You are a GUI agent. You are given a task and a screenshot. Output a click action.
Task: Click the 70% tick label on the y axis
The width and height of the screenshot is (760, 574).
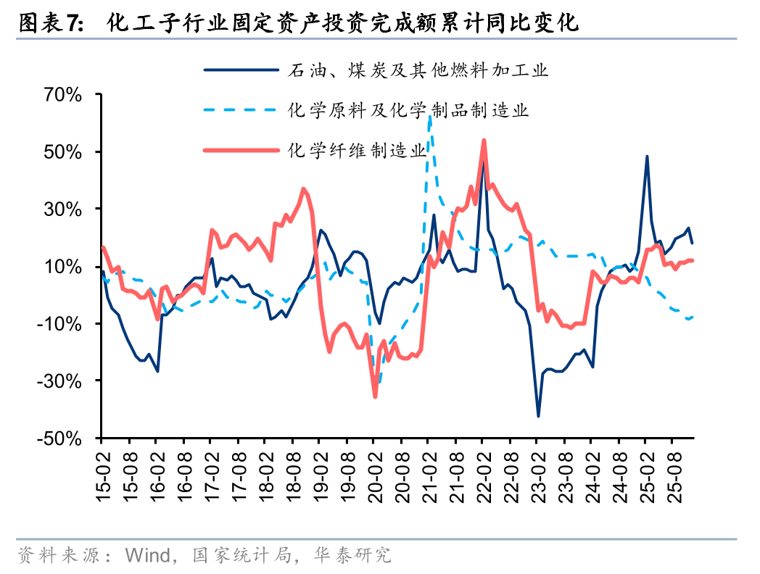click(64, 94)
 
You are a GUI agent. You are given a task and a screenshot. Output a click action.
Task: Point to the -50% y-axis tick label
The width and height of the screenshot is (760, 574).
click(61, 438)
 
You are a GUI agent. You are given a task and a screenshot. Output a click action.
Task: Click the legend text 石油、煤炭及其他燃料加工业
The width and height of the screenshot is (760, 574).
click(418, 70)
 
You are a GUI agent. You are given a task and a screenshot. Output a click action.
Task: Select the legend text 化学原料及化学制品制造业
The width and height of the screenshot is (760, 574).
click(408, 110)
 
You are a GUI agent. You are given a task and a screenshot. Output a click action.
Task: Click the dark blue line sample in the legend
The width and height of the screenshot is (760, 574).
click(241, 70)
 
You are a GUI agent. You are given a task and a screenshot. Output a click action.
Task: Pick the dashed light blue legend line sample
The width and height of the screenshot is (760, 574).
click(241, 110)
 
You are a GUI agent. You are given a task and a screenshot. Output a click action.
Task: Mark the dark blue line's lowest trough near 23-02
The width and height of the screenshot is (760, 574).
click(538, 416)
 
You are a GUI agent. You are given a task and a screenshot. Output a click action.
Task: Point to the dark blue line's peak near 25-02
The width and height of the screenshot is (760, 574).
click(647, 157)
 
